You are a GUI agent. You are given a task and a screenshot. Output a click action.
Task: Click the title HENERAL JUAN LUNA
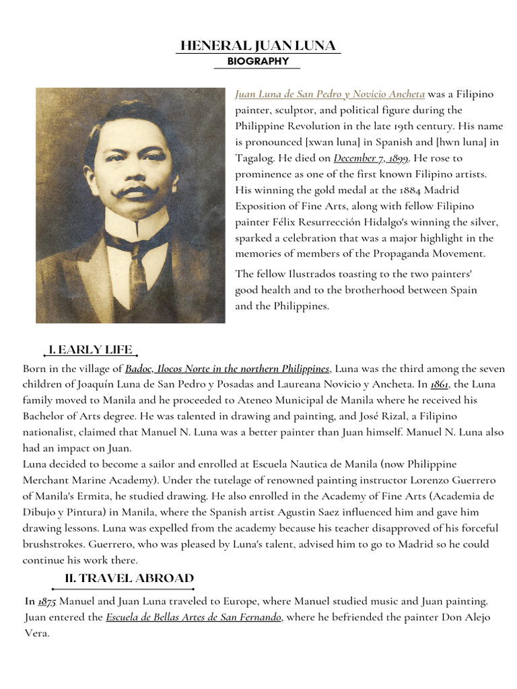click(x=258, y=46)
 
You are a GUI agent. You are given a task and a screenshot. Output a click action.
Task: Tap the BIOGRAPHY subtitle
click(x=258, y=61)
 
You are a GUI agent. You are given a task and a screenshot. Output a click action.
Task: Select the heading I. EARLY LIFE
click(x=90, y=349)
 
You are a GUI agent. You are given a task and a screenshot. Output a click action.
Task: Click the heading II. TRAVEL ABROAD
click(x=129, y=578)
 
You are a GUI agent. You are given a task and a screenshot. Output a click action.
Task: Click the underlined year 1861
click(x=440, y=385)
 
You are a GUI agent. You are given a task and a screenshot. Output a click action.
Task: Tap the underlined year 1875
click(x=47, y=601)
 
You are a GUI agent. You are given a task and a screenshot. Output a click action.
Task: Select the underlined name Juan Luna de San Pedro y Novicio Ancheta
click(x=330, y=94)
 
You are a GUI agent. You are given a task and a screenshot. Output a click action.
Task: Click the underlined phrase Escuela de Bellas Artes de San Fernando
click(x=193, y=617)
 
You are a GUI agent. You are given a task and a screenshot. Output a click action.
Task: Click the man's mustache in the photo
click(x=135, y=192)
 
